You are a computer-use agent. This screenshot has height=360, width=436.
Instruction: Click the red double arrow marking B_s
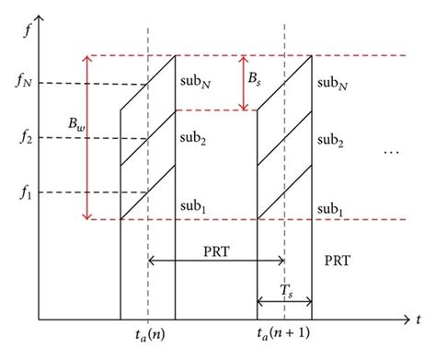click(x=244, y=83)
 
